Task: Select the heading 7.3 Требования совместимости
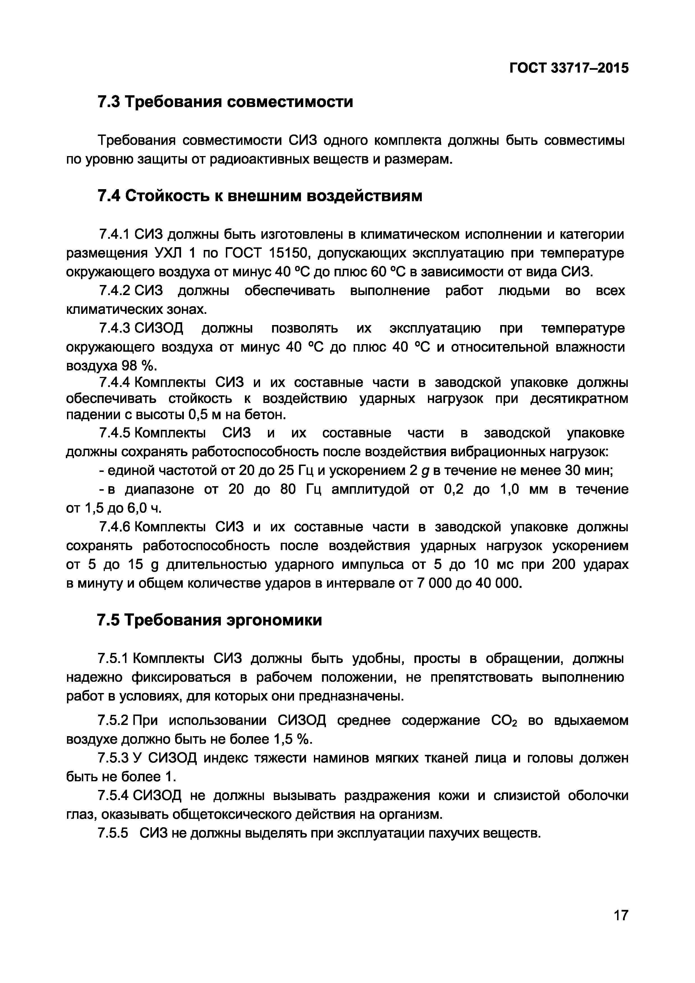pos(225,102)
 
